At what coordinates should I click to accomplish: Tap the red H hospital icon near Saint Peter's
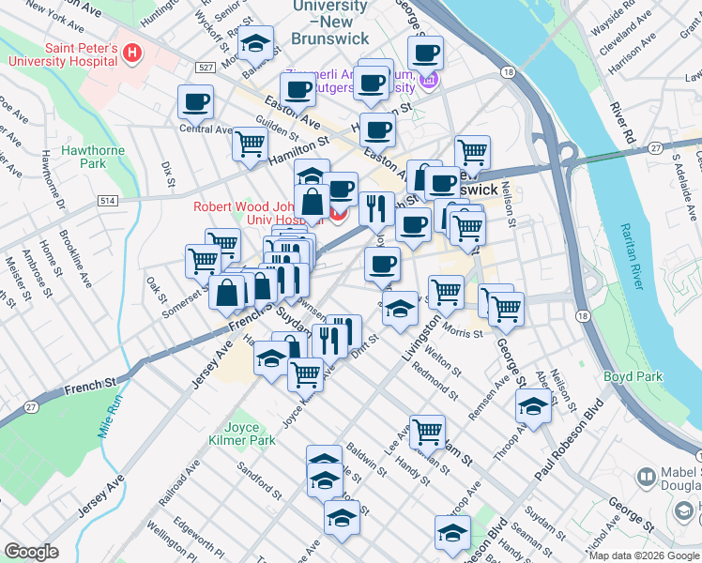click(132, 53)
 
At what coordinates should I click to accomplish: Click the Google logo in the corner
click(31, 552)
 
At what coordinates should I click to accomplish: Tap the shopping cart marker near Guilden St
click(251, 145)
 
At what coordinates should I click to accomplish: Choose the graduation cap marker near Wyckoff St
click(255, 45)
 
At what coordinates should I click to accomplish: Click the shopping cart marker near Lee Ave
click(427, 431)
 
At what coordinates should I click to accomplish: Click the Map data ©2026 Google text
click(643, 555)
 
